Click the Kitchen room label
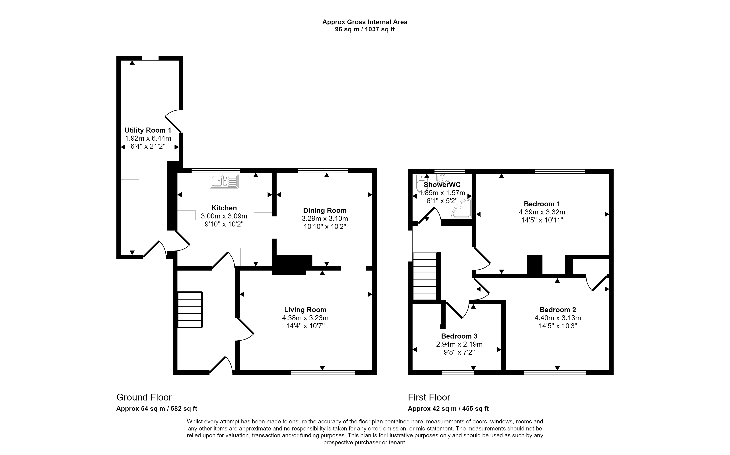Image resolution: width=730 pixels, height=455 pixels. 224,208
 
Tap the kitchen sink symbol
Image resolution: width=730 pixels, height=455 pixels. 224,181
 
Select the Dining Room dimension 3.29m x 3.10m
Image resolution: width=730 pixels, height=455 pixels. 325,218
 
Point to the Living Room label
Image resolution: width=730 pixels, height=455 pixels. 305,310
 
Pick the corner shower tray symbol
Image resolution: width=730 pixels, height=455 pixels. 461,209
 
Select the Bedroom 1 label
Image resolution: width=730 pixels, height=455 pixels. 542,204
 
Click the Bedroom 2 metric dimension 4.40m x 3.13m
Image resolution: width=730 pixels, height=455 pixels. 558,318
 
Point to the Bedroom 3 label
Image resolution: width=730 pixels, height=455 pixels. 459,336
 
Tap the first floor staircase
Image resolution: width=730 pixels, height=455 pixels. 424,276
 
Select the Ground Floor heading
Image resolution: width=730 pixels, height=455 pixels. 144,397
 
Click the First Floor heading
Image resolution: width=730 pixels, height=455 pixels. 429,397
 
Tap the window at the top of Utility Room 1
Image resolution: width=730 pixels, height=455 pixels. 150,58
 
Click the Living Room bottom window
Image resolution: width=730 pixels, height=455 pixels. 323,373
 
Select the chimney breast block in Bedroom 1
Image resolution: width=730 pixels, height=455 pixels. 534,264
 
